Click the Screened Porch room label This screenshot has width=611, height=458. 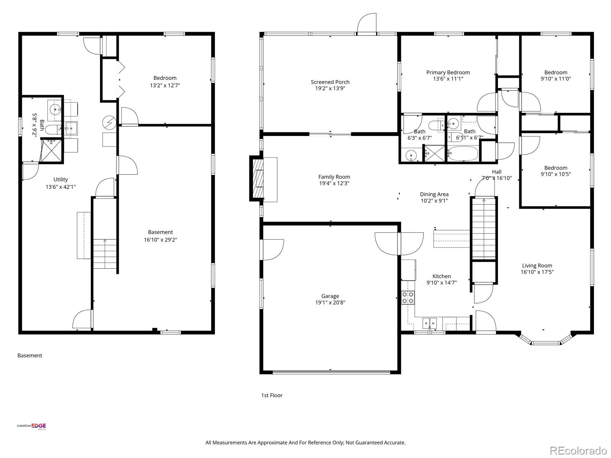(330, 82)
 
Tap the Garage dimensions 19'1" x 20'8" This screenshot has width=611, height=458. (330, 303)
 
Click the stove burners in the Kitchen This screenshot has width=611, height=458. (408, 297)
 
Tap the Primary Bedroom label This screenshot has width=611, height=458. (448, 73)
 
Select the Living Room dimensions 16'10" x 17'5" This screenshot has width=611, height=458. (537, 272)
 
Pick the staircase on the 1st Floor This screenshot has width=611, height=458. (484, 229)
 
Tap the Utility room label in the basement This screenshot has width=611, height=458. (61, 179)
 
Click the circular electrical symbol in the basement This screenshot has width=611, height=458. (108, 122)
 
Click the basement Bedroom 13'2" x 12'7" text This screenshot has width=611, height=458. (165, 85)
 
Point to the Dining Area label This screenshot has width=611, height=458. (434, 194)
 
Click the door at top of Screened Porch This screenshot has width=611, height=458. (367, 24)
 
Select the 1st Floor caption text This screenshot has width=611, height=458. (272, 395)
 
